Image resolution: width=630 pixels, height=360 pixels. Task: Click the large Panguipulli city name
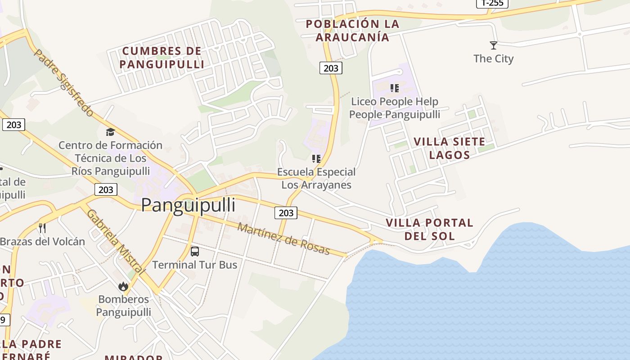[188, 205]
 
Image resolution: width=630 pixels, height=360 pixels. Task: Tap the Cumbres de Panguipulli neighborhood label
[162, 58]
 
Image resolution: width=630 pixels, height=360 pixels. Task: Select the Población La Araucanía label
[352, 31]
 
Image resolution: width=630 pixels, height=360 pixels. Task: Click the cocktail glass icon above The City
[494, 45]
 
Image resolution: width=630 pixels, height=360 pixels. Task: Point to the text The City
[494, 58]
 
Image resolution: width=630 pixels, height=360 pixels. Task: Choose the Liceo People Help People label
[395, 108]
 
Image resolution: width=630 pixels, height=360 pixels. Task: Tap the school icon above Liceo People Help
[395, 88]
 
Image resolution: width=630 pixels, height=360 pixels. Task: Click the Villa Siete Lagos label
[450, 148]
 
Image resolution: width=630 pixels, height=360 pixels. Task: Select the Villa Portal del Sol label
[429, 229]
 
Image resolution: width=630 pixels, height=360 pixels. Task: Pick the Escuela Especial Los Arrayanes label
[316, 178]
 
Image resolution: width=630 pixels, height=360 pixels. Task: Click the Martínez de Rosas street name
[283, 239]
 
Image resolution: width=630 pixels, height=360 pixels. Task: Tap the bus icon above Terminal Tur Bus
[195, 252]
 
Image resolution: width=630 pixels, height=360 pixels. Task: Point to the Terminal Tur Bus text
[195, 265]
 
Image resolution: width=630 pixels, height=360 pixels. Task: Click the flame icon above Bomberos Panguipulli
[123, 286]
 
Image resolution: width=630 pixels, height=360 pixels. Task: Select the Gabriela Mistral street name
[116, 242]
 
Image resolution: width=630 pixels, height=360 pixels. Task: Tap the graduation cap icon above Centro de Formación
[110, 132]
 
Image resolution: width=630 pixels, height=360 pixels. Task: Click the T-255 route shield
[492, 3]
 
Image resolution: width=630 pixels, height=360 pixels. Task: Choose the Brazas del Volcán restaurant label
[42, 241]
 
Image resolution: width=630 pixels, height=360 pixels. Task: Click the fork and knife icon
[42, 228]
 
